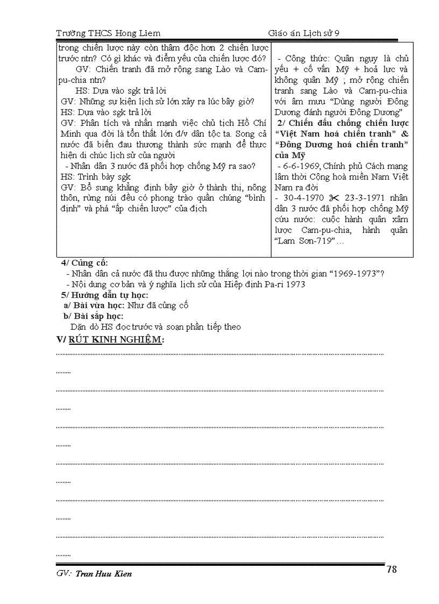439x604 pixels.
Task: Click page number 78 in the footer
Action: pyautogui.click(x=392, y=570)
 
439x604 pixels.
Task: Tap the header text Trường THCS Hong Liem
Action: pyautogui.click(x=108, y=33)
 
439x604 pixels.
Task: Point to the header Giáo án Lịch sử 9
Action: pyautogui.click(x=304, y=33)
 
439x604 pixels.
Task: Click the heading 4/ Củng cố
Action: pyautogui.click(x=84, y=263)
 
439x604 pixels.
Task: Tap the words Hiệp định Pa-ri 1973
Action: pyautogui.click(x=272, y=284)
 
